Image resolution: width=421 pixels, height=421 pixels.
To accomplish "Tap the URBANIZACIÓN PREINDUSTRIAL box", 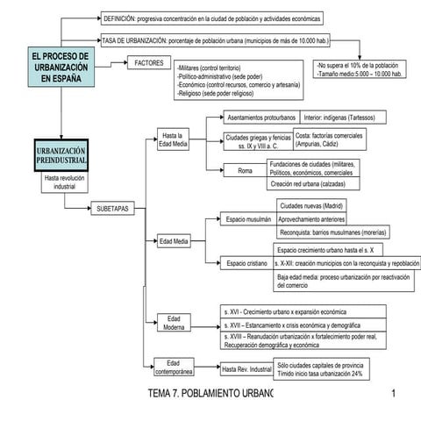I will coord(61,156).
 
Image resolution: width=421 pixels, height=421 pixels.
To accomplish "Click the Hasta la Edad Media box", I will coord(172,141).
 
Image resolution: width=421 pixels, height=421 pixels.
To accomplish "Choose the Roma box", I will coord(245,170).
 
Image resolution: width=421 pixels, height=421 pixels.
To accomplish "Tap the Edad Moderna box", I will coord(174,324).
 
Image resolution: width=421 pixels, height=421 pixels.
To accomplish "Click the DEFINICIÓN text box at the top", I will coord(211,18).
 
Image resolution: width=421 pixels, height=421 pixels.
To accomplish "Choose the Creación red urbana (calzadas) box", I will coord(311,184).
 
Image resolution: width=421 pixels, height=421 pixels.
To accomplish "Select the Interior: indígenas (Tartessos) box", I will coord(339,117).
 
